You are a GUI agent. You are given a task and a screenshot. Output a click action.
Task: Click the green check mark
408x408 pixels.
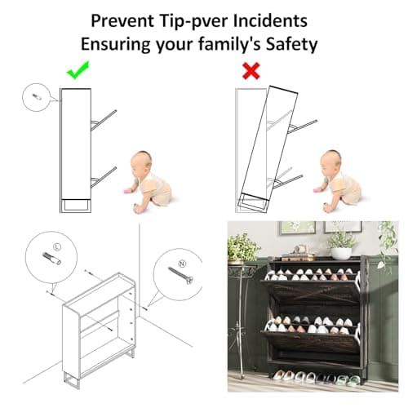78,71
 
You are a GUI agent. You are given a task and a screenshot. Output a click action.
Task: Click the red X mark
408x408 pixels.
251,71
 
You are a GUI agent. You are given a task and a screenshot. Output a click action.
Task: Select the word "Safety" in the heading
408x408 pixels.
291,44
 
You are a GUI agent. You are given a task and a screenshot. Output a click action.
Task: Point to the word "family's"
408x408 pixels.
229,43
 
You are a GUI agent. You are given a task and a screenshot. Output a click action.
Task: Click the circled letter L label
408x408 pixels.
57,246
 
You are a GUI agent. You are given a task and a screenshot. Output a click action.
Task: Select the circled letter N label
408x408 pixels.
182,264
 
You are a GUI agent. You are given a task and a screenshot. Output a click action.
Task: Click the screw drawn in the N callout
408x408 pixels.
181,276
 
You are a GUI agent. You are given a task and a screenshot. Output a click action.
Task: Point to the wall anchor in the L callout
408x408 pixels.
51,259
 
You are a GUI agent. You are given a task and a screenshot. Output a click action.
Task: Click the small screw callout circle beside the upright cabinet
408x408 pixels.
36,97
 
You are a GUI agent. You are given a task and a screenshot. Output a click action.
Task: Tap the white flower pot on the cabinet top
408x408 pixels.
341,253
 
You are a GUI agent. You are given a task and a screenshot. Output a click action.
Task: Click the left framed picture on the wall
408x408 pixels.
297,228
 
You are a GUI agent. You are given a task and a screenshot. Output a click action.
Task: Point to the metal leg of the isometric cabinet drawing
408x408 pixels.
72,379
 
